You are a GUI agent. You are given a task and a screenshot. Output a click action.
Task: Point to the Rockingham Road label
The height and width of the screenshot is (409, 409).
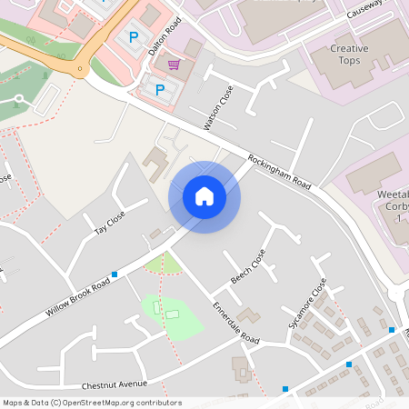point(278,170)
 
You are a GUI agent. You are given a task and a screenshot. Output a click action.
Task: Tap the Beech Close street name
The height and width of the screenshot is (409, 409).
point(247,266)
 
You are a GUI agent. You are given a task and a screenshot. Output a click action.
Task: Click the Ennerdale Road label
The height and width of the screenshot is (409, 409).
point(235,322)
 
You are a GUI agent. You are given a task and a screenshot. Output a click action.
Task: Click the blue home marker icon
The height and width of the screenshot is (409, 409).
point(204,197)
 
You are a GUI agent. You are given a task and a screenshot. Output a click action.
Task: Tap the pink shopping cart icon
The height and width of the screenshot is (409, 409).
point(174,65)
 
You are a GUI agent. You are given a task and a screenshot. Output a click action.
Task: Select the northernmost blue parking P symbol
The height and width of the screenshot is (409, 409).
point(134,37)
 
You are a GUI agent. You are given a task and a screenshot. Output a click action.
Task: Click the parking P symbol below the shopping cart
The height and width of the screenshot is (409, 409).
point(160,89)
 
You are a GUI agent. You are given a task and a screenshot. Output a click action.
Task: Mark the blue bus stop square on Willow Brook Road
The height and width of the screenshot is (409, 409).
point(115,274)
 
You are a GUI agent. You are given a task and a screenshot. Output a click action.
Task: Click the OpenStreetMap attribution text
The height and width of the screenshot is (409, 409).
point(92,403)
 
